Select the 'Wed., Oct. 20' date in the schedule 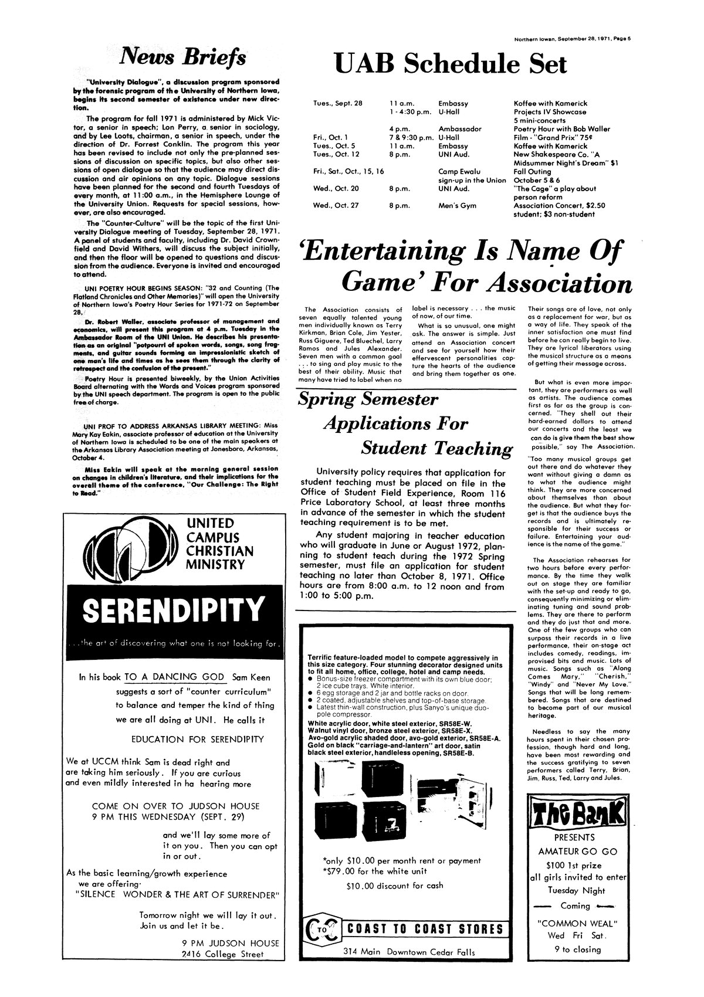[332, 189]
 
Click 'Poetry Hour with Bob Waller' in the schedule [561, 128]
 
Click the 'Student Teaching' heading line [435, 448]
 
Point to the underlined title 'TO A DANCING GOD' [175, 677]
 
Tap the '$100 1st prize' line [578, 865]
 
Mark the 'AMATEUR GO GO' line [578, 851]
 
